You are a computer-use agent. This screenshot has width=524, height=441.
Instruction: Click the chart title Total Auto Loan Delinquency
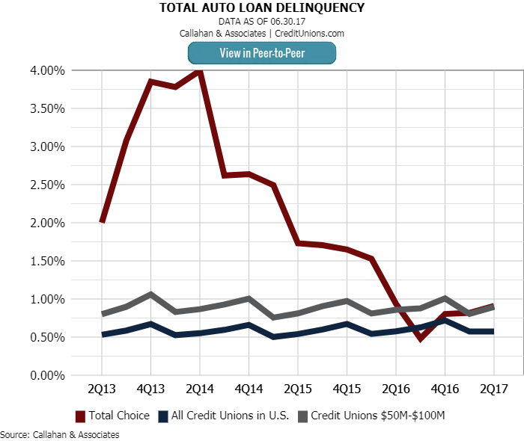(262, 8)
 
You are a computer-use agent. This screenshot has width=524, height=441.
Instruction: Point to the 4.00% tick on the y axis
(46, 70)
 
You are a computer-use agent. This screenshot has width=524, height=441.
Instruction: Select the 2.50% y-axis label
(46, 185)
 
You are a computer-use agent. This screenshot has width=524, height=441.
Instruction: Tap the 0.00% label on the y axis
(46, 375)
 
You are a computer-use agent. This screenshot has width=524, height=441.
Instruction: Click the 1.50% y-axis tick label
(46, 261)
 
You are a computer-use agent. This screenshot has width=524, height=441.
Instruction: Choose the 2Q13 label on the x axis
(102, 389)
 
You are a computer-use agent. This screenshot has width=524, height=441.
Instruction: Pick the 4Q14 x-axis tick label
(249, 389)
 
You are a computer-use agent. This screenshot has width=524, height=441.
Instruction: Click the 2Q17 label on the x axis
(493, 389)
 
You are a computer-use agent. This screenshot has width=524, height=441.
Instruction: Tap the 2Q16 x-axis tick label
(395, 389)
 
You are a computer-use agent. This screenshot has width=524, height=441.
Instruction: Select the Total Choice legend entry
(112, 416)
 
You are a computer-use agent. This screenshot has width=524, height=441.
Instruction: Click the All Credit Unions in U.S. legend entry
(222, 416)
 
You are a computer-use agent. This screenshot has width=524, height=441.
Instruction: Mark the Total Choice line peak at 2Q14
(199, 71)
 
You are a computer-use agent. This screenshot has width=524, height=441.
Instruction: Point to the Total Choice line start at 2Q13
(102, 222)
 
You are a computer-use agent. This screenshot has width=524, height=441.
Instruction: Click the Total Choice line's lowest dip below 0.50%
(421, 339)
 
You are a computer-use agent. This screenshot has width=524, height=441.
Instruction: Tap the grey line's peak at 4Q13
(150, 294)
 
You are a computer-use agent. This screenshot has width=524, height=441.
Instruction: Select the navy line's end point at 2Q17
(493, 331)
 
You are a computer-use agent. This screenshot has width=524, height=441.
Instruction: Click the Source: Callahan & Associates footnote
(60, 434)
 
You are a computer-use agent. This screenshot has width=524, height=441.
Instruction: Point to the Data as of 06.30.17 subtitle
(262, 22)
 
